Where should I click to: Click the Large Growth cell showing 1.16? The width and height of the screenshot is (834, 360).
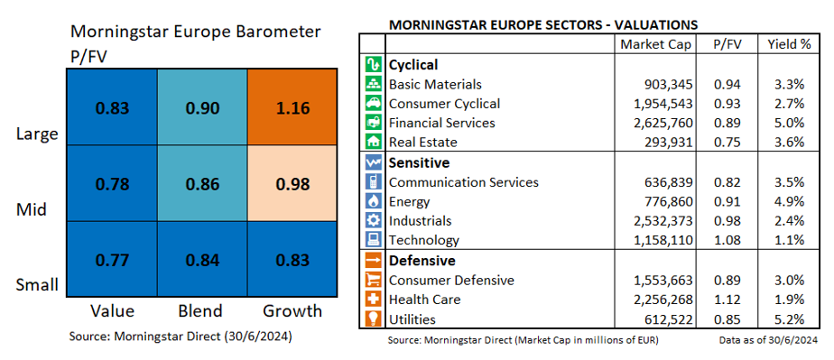(x=292, y=106)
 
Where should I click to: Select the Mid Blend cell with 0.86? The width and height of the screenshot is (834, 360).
(x=202, y=183)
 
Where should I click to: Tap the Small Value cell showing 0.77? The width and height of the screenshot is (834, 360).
(x=112, y=259)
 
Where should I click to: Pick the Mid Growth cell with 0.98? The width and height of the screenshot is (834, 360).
(x=292, y=183)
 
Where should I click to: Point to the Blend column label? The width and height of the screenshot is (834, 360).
(x=201, y=311)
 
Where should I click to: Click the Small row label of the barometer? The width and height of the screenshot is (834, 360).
(x=37, y=285)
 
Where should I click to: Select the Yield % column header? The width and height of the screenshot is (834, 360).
(x=789, y=45)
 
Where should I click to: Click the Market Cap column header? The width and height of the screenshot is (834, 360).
(x=655, y=45)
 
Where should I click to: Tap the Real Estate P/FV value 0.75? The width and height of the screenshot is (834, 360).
(x=727, y=143)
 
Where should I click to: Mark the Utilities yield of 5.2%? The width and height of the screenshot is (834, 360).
(x=789, y=319)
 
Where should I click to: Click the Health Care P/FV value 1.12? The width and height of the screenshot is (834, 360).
(x=727, y=300)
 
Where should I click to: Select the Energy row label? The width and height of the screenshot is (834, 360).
(x=409, y=202)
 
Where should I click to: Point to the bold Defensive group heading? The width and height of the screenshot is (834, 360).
(x=422, y=261)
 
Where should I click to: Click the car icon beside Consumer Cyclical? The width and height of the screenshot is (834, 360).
(x=372, y=104)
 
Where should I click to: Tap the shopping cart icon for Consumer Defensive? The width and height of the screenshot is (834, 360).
(x=372, y=281)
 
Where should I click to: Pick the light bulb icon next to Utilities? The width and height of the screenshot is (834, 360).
(x=372, y=319)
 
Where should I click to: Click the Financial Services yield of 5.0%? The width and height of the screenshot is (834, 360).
(x=789, y=123)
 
